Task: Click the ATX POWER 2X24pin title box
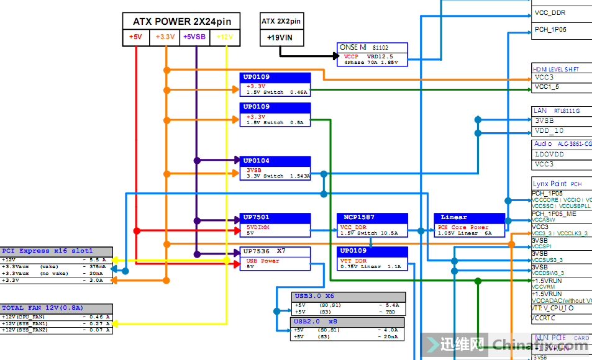(x=181, y=21)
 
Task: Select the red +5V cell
(x=135, y=37)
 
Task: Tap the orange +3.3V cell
(x=165, y=37)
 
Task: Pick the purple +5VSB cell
(x=195, y=37)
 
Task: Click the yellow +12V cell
(x=225, y=37)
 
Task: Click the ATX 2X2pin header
(x=281, y=21)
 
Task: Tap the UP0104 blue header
(x=275, y=161)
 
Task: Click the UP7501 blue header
(x=275, y=217)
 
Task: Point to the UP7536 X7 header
(x=275, y=251)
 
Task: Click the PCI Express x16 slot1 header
(x=57, y=251)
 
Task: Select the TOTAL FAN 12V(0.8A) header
(x=57, y=308)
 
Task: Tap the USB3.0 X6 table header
(x=348, y=296)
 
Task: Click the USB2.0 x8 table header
(x=348, y=322)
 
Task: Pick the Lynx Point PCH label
(x=557, y=184)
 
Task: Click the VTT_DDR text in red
(x=353, y=261)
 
